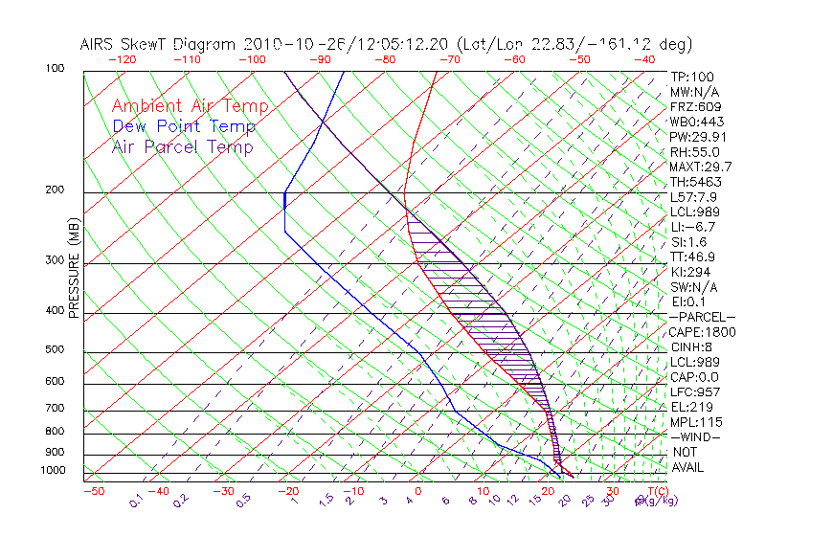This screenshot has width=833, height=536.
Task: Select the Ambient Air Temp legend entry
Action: point(190,106)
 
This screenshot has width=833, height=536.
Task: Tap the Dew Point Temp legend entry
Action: point(184,126)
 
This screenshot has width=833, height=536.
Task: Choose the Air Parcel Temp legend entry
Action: point(182,146)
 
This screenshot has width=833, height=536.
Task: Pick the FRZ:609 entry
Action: point(692,107)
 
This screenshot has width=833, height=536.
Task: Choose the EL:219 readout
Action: point(688,407)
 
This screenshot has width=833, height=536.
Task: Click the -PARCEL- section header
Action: point(702,317)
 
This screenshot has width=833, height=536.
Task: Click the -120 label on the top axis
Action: point(121,58)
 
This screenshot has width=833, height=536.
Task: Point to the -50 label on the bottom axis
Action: point(93,491)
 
